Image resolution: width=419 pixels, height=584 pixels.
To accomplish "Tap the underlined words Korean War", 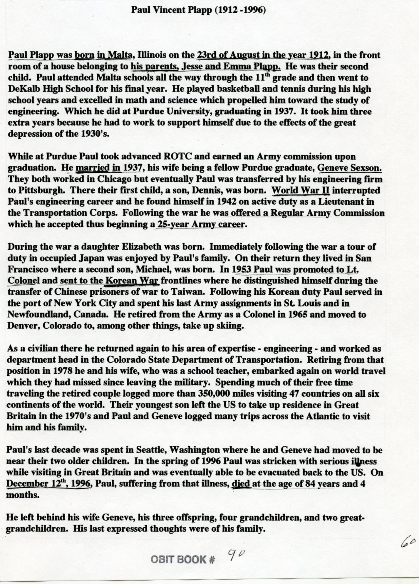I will pos(132,280).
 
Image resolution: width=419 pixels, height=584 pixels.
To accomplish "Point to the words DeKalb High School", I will pos(51,89).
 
